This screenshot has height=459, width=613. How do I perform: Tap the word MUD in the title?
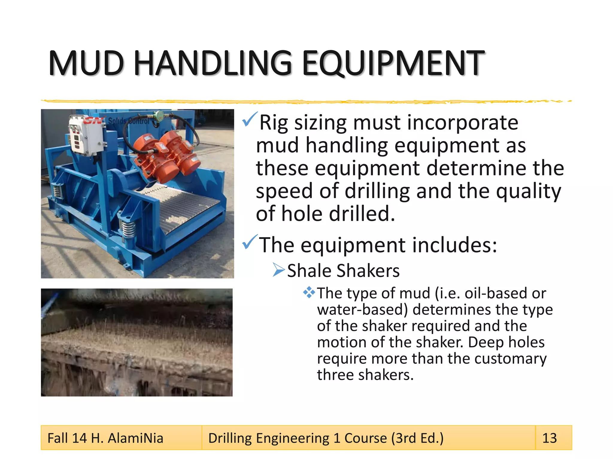(x=86, y=63)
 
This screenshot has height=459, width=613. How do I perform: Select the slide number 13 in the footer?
(x=550, y=438)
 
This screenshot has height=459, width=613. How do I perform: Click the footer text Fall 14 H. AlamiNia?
(x=105, y=438)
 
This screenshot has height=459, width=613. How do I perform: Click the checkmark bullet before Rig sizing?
(x=250, y=120)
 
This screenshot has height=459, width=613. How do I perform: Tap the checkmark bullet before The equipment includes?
(x=250, y=242)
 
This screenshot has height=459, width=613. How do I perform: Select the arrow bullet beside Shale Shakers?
(x=278, y=270)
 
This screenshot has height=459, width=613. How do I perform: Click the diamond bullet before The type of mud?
(x=309, y=292)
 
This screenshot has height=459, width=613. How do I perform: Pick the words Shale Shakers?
(x=343, y=271)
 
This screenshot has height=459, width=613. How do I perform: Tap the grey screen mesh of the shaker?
(x=186, y=206)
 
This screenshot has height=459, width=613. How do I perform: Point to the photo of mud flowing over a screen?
(x=137, y=342)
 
